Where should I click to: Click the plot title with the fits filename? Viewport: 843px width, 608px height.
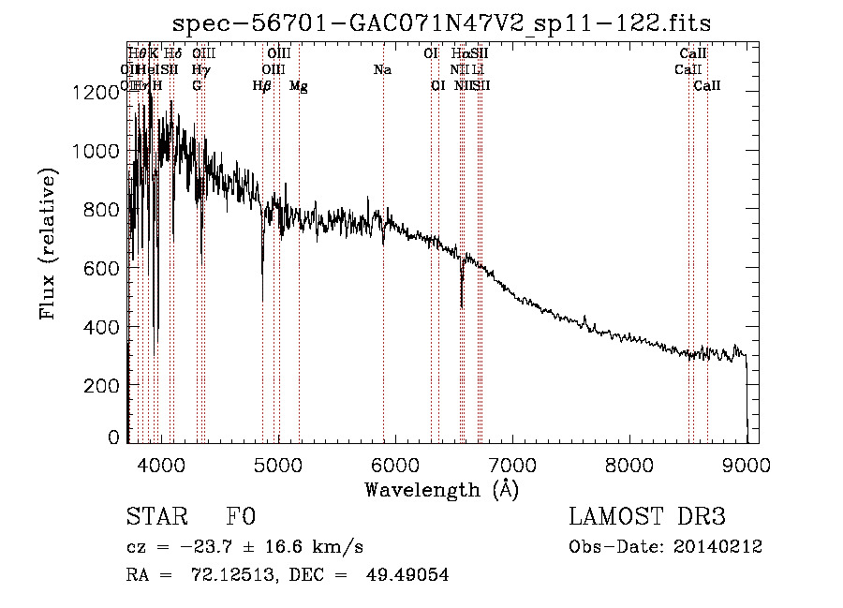click(x=442, y=23)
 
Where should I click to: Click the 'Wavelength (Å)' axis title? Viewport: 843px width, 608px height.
click(x=441, y=489)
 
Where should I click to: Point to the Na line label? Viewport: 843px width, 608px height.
click(x=382, y=70)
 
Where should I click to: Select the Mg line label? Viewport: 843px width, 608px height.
click(x=299, y=86)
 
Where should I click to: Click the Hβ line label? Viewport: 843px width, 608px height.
click(x=262, y=86)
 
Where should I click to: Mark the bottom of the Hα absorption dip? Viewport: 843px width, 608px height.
click(x=462, y=306)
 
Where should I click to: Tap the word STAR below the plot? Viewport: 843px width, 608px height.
click(x=155, y=517)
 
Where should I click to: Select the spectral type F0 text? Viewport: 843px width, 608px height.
click(x=241, y=517)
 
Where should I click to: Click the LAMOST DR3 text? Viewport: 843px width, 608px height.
click(x=647, y=517)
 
